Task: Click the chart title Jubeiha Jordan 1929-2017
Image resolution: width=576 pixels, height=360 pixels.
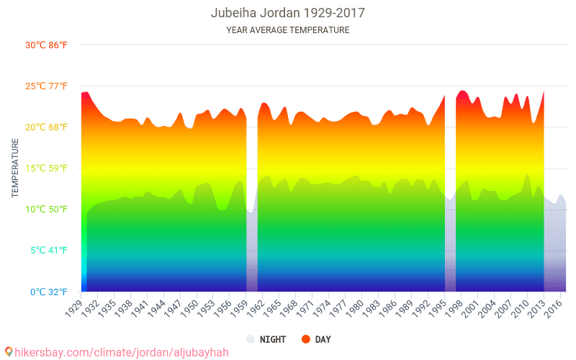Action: [x=287, y=13]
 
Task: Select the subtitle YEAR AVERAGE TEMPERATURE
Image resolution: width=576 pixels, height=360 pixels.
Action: [x=287, y=30]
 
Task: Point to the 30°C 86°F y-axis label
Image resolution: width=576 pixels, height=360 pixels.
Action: [x=46, y=45]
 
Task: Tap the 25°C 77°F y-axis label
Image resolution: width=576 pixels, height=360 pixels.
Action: [x=46, y=86]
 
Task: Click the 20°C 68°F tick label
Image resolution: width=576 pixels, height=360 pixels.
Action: [x=46, y=127]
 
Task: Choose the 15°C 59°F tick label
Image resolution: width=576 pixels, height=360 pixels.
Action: [x=46, y=168]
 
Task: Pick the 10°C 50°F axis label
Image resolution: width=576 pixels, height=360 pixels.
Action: [x=46, y=210]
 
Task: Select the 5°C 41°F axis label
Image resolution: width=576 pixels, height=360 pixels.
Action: [x=48, y=251]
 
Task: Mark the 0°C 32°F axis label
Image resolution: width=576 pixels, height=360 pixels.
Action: [x=48, y=292]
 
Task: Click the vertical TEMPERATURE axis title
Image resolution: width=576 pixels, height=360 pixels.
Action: [x=15, y=168]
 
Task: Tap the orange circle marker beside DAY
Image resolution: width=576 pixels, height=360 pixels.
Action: [x=306, y=339]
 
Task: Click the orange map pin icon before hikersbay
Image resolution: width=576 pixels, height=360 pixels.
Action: [x=9, y=352]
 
